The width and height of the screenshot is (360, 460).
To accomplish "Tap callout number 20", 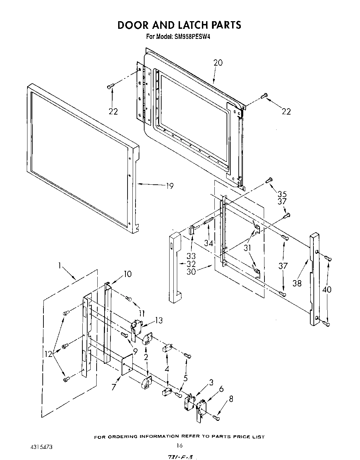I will click(x=218, y=63).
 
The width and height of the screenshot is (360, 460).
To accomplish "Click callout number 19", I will click(x=169, y=186).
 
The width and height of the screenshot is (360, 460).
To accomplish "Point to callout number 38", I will click(x=297, y=283).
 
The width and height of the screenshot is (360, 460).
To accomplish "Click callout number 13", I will click(x=158, y=320).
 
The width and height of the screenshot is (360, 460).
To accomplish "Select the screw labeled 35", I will click(x=269, y=180).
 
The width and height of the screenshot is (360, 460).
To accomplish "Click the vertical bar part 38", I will click(x=314, y=278).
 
